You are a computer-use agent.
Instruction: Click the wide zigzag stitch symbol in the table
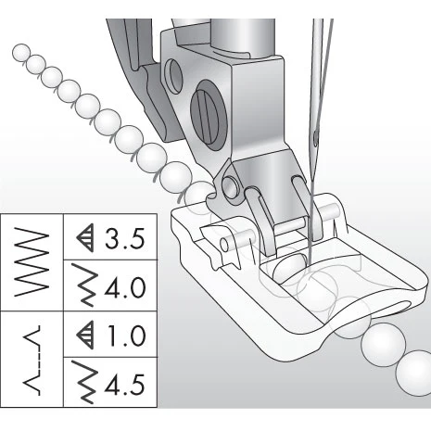[x=31, y=261]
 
